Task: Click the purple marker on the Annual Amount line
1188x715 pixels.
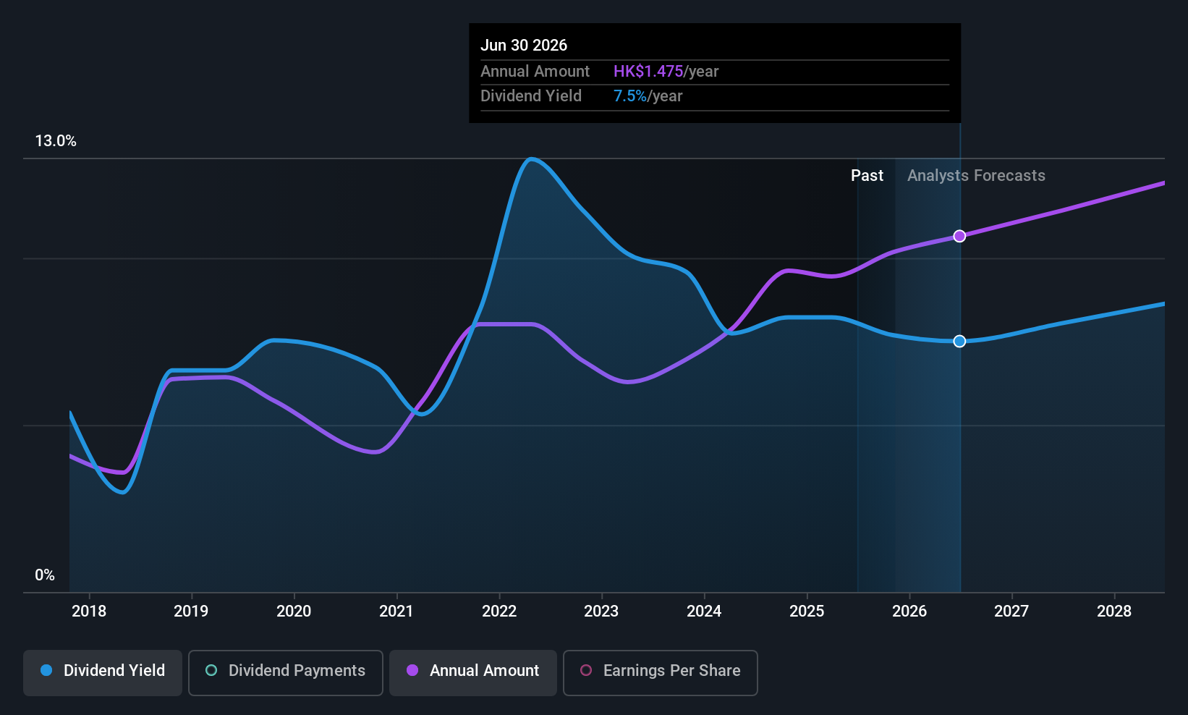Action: [x=959, y=236]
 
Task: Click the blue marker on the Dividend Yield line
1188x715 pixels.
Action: [x=959, y=341]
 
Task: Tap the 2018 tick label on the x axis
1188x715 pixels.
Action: [x=89, y=611]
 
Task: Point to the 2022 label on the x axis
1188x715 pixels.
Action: [x=499, y=611]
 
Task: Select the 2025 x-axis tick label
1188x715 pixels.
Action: [x=807, y=611]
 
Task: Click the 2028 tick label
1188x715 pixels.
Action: [x=1114, y=611]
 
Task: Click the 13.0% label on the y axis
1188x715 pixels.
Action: [x=56, y=141]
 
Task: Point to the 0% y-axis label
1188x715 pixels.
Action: [x=45, y=575]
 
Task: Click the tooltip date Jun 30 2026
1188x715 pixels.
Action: [x=524, y=45]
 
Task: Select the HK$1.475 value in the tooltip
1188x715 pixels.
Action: [x=648, y=71]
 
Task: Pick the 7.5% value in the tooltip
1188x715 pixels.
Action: [x=630, y=96]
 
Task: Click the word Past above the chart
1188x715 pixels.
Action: [x=867, y=176]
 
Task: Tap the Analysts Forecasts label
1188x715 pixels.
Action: [x=976, y=176]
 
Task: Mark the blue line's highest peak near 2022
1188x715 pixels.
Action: [x=532, y=158]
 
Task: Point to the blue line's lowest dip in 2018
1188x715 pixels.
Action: [x=124, y=492]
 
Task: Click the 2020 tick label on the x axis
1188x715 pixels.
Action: [x=294, y=611]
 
